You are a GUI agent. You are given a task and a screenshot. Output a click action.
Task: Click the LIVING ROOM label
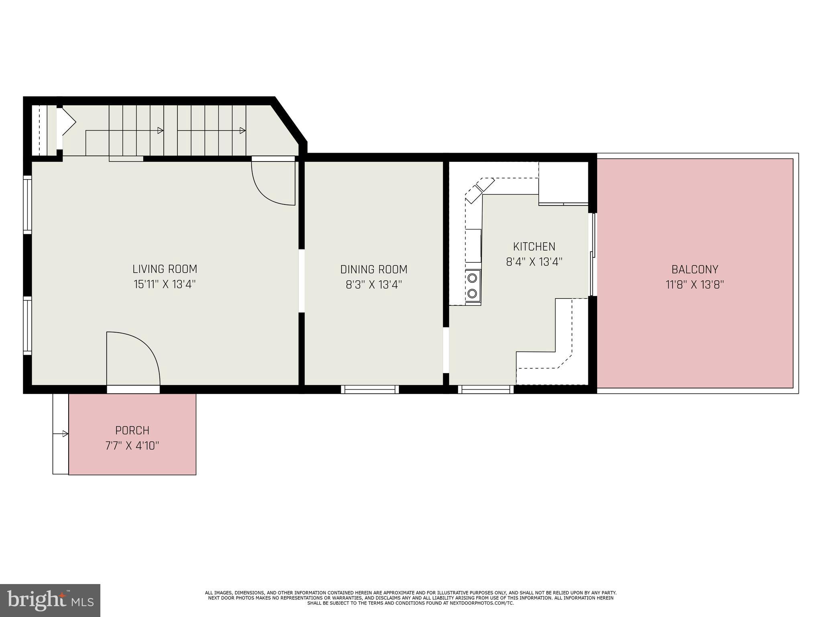coord(165,269)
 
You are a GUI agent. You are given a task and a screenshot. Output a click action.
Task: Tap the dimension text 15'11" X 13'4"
coord(165,284)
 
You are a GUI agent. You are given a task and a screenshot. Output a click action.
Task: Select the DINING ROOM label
coord(374,269)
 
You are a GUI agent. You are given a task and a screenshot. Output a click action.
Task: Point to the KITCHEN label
coord(534,246)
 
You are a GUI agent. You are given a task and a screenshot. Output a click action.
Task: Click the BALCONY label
coord(695,269)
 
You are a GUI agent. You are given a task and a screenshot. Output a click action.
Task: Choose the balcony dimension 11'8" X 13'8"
coord(695,285)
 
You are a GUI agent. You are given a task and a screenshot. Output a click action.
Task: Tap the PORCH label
coord(132,430)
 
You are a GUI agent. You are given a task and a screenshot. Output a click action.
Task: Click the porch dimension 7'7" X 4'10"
coord(132,446)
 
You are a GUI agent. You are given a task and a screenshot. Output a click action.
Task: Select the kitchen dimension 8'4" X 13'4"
coord(534,262)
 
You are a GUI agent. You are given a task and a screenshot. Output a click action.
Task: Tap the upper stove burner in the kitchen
coord(473,277)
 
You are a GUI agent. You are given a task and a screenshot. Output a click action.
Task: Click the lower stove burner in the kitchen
coord(473,293)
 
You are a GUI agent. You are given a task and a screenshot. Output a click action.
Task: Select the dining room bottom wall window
coord(370,389)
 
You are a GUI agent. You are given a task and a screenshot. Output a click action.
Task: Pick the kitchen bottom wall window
coord(486,389)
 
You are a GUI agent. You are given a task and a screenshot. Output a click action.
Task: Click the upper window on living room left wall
coord(27,205)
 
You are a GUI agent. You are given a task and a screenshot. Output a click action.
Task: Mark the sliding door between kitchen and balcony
coord(592,255)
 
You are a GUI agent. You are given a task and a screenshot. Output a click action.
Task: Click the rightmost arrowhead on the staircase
coord(242,131)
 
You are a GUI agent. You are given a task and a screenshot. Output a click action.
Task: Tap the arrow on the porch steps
coord(65,434)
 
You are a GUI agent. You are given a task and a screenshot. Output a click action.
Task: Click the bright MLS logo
coord(50,600)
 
